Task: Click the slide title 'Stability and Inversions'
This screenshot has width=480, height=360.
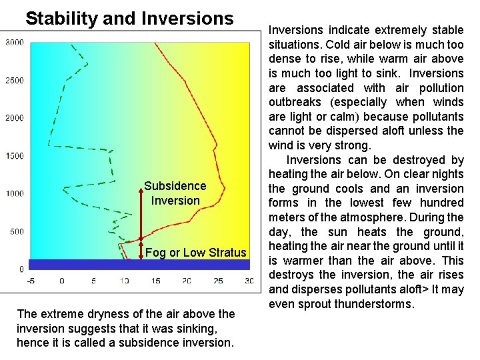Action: tap(129, 18)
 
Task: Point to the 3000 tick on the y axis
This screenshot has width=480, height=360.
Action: tap(14, 43)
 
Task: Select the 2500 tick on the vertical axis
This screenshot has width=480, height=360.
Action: tap(14, 81)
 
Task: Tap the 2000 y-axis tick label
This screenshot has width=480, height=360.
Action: tap(14, 118)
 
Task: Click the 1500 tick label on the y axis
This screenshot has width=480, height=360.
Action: tap(14, 156)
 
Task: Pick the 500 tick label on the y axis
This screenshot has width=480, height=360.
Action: tap(16, 232)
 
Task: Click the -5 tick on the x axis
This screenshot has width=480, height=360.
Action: tap(31, 281)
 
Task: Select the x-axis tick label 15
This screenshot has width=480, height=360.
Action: tap(155, 281)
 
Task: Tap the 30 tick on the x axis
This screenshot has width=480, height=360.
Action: tap(248, 281)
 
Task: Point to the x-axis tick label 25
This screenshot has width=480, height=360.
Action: tap(218, 281)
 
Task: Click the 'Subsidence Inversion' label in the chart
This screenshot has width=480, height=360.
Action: tap(175, 193)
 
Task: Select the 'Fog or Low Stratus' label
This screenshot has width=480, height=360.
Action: tap(195, 253)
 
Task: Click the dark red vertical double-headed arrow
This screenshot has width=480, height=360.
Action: tap(141, 213)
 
